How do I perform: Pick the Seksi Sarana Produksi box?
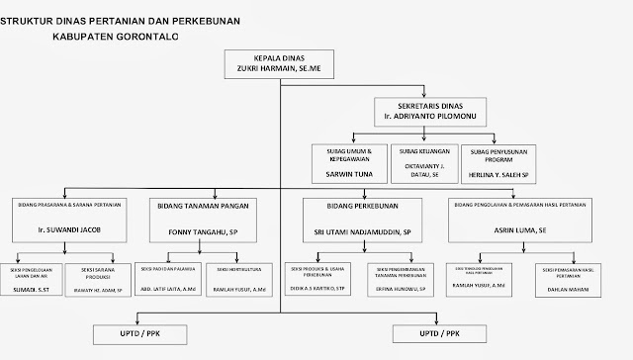click(x=111, y=280)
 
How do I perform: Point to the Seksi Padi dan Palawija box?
click(x=166, y=279)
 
